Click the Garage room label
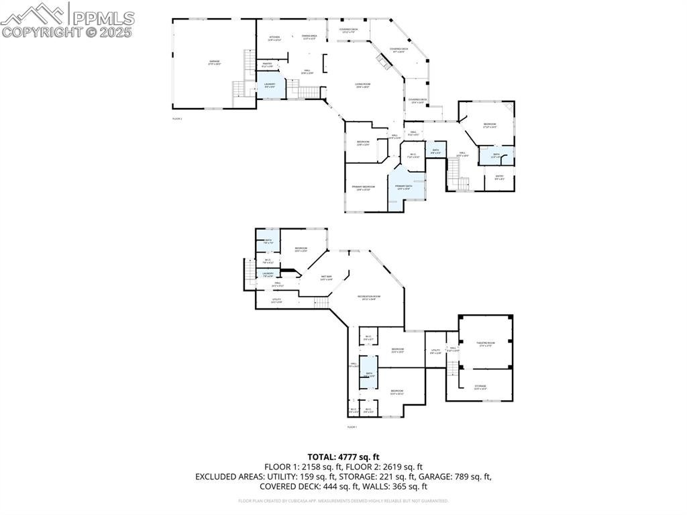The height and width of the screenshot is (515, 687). [x=214, y=62]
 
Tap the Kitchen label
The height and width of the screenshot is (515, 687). [x=274, y=38]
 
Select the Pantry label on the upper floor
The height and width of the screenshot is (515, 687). [x=267, y=65]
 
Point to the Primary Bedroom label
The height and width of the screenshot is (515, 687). [x=363, y=188]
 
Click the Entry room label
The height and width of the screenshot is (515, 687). [x=499, y=178]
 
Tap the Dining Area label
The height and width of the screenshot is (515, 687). [x=309, y=37]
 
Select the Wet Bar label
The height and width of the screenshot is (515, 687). [x=327, y=277]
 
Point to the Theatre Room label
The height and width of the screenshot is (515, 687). [x=485, y=344]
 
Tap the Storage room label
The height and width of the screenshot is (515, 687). [x=480, y=387]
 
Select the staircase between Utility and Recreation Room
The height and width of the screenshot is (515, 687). [x=323, y=303]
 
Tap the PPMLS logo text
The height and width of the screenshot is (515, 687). [x=102, y=17]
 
